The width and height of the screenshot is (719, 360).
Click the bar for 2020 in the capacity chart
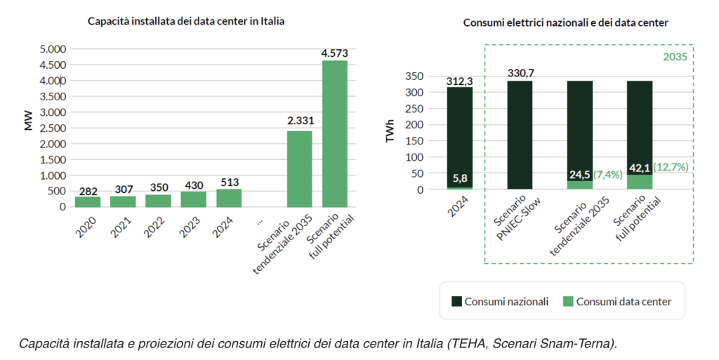pyautogui.click(x=88, y=201)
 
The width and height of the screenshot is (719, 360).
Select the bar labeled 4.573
pyautogui.click(x=335, y=133)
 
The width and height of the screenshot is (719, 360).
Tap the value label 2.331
pyautogui.click(x=301, y=121)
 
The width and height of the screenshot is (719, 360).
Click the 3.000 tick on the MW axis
pyautogui.click(x=52, y=112)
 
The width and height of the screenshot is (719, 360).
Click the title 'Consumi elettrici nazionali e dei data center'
pyautogui.click(x=565, y=22)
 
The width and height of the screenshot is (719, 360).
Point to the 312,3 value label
pyautogui.click(x=459, y=81)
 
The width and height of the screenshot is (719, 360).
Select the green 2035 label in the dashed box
pyautogui.click(x=678, y=57)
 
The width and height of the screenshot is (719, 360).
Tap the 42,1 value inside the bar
pyautogui.click(x=640, y=168)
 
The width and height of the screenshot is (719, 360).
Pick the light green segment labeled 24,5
pyautogui.click(x=580, y=184)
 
